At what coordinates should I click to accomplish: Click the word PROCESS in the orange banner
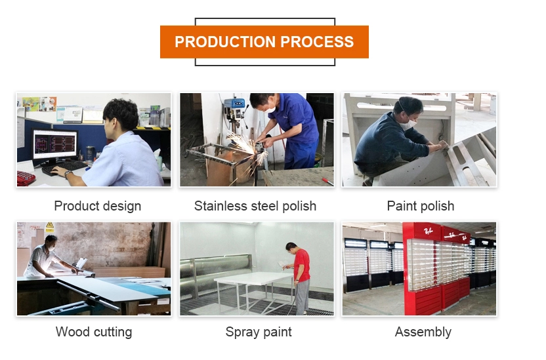317,42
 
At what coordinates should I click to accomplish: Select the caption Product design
98,207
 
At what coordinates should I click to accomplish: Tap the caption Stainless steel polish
255,207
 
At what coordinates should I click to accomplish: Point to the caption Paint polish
421,207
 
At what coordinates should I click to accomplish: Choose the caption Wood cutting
94,332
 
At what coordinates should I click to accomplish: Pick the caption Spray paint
259,332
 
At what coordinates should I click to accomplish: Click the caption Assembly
423,332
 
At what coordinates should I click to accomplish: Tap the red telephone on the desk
26,178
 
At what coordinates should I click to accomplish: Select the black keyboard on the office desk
64,168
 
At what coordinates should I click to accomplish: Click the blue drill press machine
235,108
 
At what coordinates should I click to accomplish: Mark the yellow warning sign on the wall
50,226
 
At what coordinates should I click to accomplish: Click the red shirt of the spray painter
302,265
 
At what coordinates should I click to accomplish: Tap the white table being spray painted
254,278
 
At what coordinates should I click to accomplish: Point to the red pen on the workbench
328,182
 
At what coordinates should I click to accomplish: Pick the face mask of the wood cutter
52,248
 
